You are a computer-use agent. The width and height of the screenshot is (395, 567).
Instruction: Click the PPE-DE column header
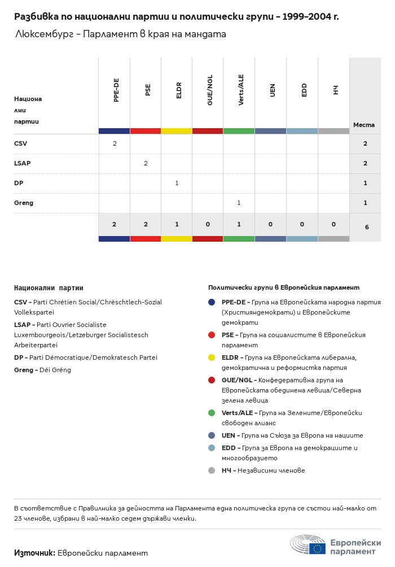pos(116,90)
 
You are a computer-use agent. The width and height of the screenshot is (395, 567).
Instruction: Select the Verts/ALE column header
pos(241,90)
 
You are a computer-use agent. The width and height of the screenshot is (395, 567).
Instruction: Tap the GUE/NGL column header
pos(210,90)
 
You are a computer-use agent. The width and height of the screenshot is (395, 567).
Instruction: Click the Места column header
pos(364,125)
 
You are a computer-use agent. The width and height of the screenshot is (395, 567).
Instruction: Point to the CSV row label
pos(21,144)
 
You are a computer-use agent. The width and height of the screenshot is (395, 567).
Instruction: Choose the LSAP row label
pos(23,163)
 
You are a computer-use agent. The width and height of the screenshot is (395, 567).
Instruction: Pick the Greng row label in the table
pos(24,203)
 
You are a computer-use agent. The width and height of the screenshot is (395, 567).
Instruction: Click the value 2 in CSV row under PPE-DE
pos(115,144)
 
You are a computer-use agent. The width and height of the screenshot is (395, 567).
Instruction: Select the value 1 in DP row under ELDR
pos(177,183)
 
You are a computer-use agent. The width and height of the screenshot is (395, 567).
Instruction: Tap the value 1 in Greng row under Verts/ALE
pos(239,203)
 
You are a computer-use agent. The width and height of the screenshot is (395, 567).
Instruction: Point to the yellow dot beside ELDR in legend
pos(212,357)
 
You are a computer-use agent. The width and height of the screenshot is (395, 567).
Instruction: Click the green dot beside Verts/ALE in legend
pos(212,413)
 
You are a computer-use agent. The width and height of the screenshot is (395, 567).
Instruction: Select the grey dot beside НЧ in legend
pos(212,470)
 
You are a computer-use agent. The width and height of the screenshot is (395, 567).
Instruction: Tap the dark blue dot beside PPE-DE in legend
pos(212,302)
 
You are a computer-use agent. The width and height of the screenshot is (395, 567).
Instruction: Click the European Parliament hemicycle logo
pos(308,545)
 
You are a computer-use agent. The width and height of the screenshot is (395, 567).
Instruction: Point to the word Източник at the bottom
pos(34,553)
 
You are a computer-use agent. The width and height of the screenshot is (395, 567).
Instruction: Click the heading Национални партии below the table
pos(49,288)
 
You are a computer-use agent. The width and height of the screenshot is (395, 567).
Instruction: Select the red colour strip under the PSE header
pos(146,131)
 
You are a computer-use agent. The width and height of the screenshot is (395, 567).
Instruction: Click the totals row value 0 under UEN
pos(271,225)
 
